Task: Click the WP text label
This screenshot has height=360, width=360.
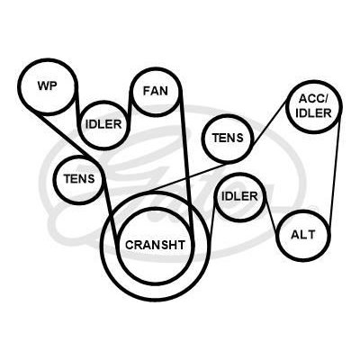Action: point(47,85)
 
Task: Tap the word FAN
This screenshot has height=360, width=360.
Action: point(156,91)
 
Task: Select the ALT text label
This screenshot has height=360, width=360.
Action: point(303,234)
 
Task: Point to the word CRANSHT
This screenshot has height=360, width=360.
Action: point(155,245)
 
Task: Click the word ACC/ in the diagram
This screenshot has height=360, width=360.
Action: point(314,98)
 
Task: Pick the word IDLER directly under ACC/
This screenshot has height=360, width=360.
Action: point(313,112)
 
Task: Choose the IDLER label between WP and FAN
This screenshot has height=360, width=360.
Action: point(103,124)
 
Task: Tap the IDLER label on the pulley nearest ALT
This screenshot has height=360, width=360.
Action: point(239,196)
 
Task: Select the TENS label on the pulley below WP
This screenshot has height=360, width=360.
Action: point(79,179)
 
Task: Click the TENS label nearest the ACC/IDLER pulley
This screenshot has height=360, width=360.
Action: point(228,138)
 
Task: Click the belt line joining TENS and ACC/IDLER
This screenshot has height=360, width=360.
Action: point(268,124)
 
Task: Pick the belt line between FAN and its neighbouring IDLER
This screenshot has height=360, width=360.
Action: point(130,103)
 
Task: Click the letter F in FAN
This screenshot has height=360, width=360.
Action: point(147,91)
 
